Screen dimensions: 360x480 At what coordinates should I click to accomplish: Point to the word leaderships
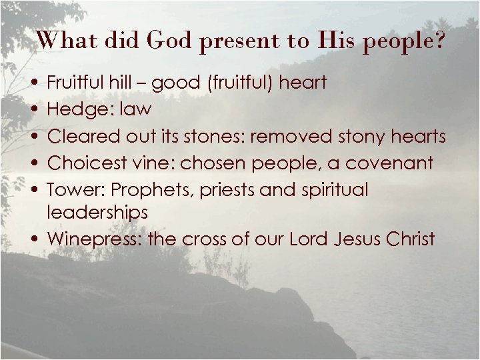click(97, 213)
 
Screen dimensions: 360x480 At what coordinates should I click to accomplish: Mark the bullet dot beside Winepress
click(33, 238)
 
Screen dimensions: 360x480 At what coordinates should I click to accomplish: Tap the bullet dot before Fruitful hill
click(33, 83)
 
